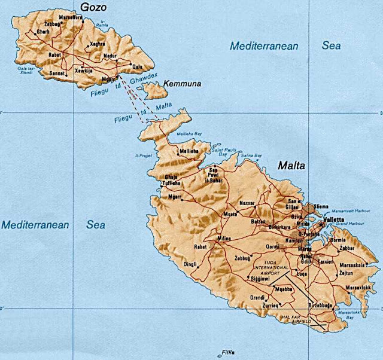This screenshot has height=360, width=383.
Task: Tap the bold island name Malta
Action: point(291,165)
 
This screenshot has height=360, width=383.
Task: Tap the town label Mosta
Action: point(229,213)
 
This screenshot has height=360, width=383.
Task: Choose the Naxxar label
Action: point(247,203)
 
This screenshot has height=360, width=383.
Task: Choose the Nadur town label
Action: point(112,55)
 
